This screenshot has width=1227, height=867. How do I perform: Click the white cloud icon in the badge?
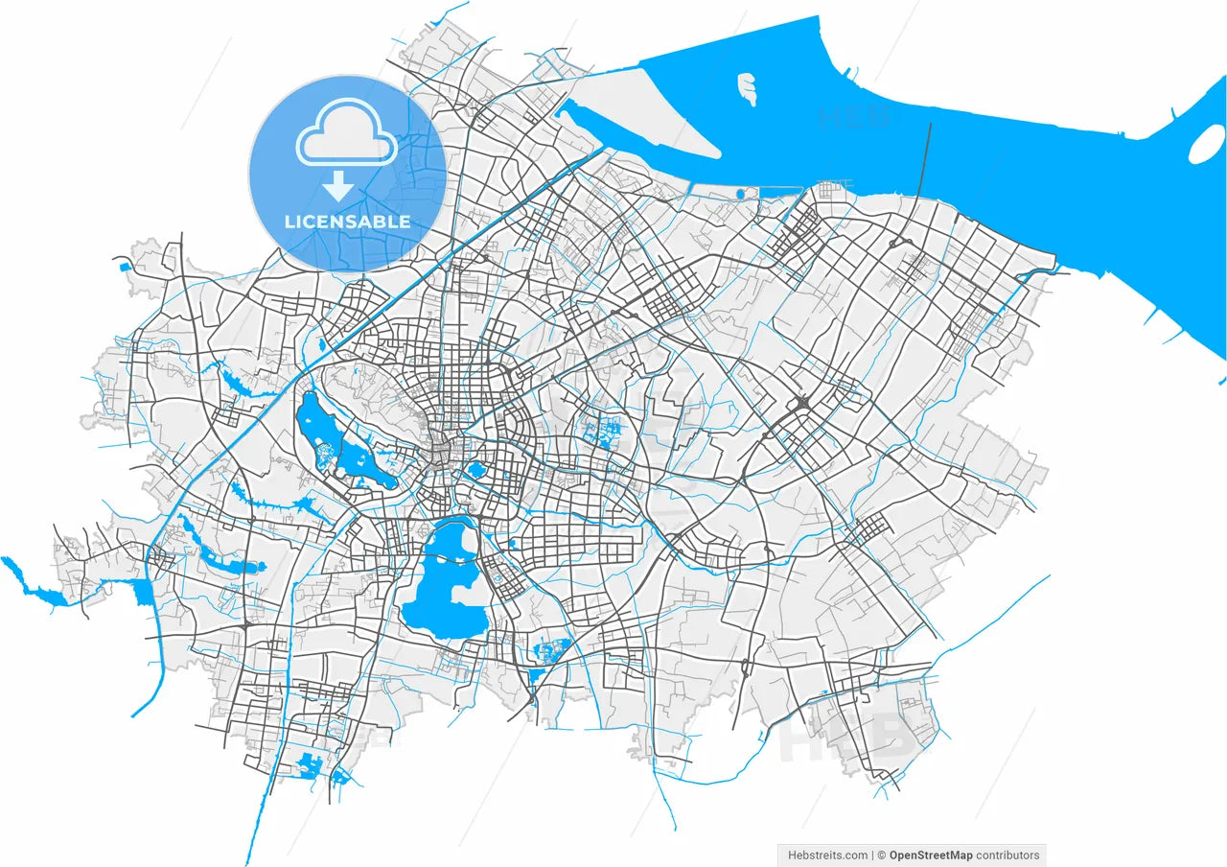click(x=347, y=142)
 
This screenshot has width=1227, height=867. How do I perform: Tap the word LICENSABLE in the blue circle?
click(x=347, y=222)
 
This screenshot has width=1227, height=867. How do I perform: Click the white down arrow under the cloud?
click(x=337, y=185)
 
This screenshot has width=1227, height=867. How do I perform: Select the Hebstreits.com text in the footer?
click(x=828, y=855)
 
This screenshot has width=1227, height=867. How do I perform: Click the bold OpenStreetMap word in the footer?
click(x=930, y=855)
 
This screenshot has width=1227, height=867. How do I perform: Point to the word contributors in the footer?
click(x=1007, y=855)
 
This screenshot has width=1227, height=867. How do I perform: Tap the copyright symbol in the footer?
click(x=881, y=855)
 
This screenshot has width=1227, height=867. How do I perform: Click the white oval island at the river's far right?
click(x=1205, y=145)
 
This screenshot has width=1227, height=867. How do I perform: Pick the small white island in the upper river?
click(x=747, y=88)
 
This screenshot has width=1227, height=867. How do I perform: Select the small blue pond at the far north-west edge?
click(x=124, y=266)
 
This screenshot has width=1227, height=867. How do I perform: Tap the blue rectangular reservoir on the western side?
click(x=144, y=592)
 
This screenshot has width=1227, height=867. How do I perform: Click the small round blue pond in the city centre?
click(x=475, y=470)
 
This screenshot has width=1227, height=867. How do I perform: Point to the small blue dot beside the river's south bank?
click(x=740, y=194)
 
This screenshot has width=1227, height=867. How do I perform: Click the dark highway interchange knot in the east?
click(x=801, y=403)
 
